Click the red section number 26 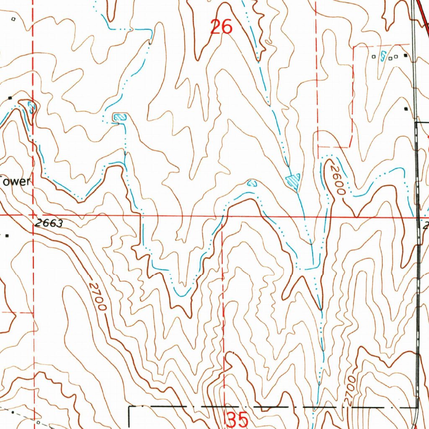221,27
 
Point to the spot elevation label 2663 49,223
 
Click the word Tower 15,182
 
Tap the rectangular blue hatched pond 119,117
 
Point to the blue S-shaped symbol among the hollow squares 383,56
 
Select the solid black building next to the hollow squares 405,55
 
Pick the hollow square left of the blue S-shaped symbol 374,57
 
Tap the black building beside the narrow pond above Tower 10,98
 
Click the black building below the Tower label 7,235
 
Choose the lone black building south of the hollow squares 406,109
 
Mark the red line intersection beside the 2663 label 34,215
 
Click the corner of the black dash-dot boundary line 129,407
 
